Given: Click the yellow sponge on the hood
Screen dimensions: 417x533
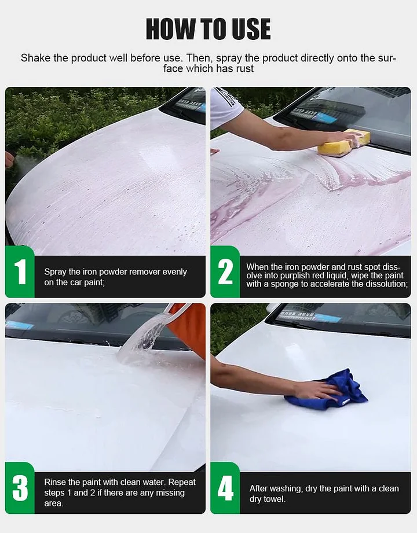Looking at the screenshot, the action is point(343,144).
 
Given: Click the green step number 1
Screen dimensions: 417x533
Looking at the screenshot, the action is point(20,271).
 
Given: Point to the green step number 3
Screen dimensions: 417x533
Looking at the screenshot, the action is point(20,488).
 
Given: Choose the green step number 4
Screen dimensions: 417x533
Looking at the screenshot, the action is point(225,488).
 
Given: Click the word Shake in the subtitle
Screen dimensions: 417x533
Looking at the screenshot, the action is point(36,58).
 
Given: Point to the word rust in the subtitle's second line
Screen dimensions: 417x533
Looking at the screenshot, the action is point(245,69).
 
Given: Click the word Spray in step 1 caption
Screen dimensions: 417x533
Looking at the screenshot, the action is point(55,272).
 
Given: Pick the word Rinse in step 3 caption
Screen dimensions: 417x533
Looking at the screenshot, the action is point(54,482).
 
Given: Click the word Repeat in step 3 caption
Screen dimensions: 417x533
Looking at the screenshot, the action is point(182,482).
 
